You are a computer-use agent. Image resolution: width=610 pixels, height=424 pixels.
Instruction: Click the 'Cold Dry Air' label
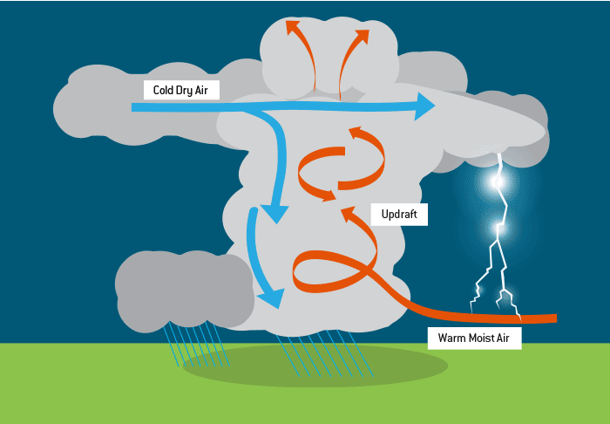tap(181, 89)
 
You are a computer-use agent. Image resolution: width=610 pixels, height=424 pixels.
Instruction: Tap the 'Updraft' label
tap(399, 214)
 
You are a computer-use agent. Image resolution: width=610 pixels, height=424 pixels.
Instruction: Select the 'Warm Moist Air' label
tap(473, 338)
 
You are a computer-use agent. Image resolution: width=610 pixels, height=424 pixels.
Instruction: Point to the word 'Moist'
tap(475, 338)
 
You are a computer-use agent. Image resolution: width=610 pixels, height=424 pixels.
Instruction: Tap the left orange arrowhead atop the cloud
tap(292, 26)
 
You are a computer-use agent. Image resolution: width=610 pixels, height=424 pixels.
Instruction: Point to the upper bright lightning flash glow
tap(498, 181)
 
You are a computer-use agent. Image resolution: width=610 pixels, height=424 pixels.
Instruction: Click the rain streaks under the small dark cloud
tap(196, 345)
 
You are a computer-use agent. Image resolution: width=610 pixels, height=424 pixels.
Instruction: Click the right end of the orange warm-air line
tap(553, 317)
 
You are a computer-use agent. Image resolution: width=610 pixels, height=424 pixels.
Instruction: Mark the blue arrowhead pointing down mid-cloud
tap(278, 212)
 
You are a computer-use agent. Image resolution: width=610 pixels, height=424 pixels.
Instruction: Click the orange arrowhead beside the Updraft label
tap(349, 214)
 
